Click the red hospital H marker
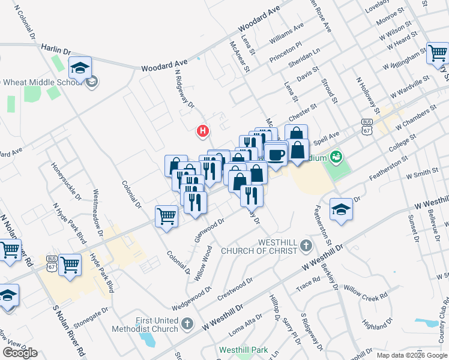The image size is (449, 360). (203, 130)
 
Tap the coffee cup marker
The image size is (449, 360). (276, 155)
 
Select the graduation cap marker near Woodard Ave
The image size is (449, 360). (79, 68)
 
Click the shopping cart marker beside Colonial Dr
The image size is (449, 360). (166, 216)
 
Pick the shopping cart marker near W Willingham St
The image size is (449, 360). (437, 53)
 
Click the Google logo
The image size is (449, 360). (20, 353)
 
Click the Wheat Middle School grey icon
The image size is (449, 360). (91, 82)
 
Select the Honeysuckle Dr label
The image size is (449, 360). (66, 181)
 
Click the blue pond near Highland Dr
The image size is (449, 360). (431, 323)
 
